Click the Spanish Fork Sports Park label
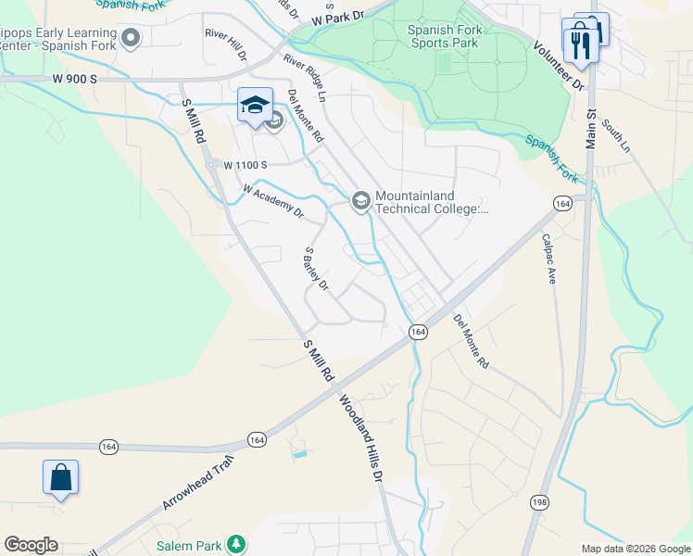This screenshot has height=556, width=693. tap(443, 36)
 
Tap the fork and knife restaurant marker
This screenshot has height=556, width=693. tap(581, 44)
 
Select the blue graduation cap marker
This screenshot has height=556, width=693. tap(255, 106)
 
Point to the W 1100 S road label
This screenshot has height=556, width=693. tap(246, 165)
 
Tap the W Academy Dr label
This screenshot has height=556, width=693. tap(273, 201)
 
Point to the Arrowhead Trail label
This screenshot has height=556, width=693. tap(195, 484)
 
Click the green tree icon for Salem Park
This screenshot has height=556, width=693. tap(237, 545)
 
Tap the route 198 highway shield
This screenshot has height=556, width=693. tap(538, 501)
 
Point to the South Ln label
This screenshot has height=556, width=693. tap(615, 135)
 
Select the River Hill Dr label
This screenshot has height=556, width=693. tap(226, 44)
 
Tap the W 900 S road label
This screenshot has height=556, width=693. tap(75, 80)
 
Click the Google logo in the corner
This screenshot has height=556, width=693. tap(31, 545)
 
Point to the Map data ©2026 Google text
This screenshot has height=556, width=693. tap(635, 549)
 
